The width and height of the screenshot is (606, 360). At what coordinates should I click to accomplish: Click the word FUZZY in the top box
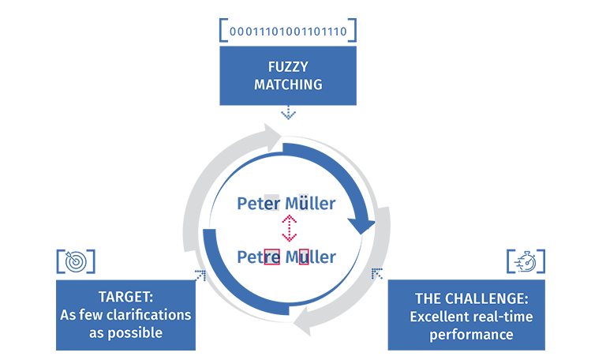[x=288, y=67]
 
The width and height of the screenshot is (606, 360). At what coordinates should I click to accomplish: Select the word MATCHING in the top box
[x=288, y=84]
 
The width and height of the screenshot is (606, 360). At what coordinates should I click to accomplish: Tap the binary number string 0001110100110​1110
[x=288, y=32]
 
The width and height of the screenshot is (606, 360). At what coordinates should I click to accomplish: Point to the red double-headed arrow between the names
[x=288, y=230]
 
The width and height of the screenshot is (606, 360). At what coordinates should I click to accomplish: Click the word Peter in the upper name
[x=258, y=204]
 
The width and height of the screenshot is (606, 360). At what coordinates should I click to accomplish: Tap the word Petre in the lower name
[x=258, y=257]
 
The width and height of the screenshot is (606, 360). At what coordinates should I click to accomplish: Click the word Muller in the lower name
[x=310, y=257]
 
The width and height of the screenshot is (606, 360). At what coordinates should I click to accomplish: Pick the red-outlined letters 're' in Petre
[x=271, y=257]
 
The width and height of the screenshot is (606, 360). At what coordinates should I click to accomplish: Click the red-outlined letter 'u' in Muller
[x=304, y=257]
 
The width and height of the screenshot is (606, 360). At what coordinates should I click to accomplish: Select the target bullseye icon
[x=76, y=261]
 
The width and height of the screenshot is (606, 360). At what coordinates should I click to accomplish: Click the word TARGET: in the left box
[x=125, y=297]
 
